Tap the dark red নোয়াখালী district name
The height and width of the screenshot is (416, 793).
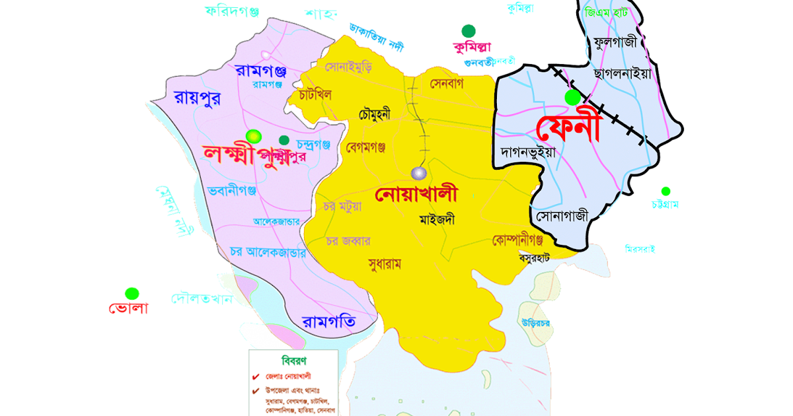click(416, 195)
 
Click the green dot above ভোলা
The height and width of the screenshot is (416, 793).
click(132, 293)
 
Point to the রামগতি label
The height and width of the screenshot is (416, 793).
click(329, 322)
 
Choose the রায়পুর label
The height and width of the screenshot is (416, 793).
click(197, 98)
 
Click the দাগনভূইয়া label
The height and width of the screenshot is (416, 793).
click(528, 151)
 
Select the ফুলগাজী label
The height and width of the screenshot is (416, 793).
click(615, 43)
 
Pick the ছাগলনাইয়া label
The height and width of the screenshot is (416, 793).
click(622, 73)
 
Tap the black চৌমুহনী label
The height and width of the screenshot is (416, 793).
click(375, 114)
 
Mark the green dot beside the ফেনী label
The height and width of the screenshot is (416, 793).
click(572, 98)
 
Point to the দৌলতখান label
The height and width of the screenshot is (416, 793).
click(202, 298)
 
